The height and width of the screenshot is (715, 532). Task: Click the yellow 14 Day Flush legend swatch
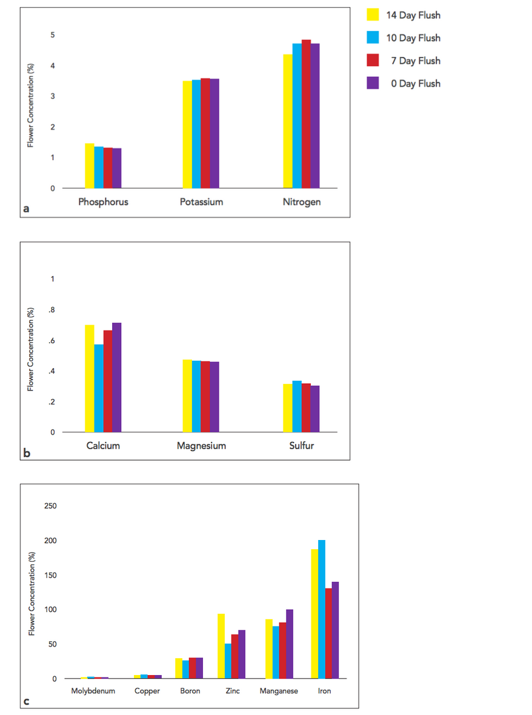pyautogui.click(x=373, y=15)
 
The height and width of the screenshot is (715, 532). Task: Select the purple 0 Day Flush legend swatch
pyautogui.click(x=373, y=83)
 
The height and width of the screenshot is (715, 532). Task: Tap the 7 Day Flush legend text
pyautogui.click(x=415, y=61)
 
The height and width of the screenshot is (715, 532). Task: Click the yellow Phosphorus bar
pyautogui.click(x=89, y=166)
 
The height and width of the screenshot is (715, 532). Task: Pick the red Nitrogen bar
pyautogui.click(x=306, y=114)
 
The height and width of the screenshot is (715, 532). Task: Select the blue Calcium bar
pyautogui.click(x=99, y=388)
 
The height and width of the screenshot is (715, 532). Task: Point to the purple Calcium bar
pyautogui.click(x=117, y=377)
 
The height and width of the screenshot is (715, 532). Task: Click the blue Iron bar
pyautogui.click(x=322, y=609)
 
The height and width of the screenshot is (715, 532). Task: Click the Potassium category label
pyautogui.click(x=201, y=202)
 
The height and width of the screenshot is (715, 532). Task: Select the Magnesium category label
pyautogui.click(x=201, y=446)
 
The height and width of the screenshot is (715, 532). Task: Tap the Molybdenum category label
pyautogui.click(x=93, y=691)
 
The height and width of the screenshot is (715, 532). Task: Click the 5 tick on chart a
pyautogui.click(x=53, y=35)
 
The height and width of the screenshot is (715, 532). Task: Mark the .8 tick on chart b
pyautogui.click(x=52, y=310)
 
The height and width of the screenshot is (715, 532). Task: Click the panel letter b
pyautogui.click(x=27, y=452)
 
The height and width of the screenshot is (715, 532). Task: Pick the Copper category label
pyautogui.click(x=147, y=691)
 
